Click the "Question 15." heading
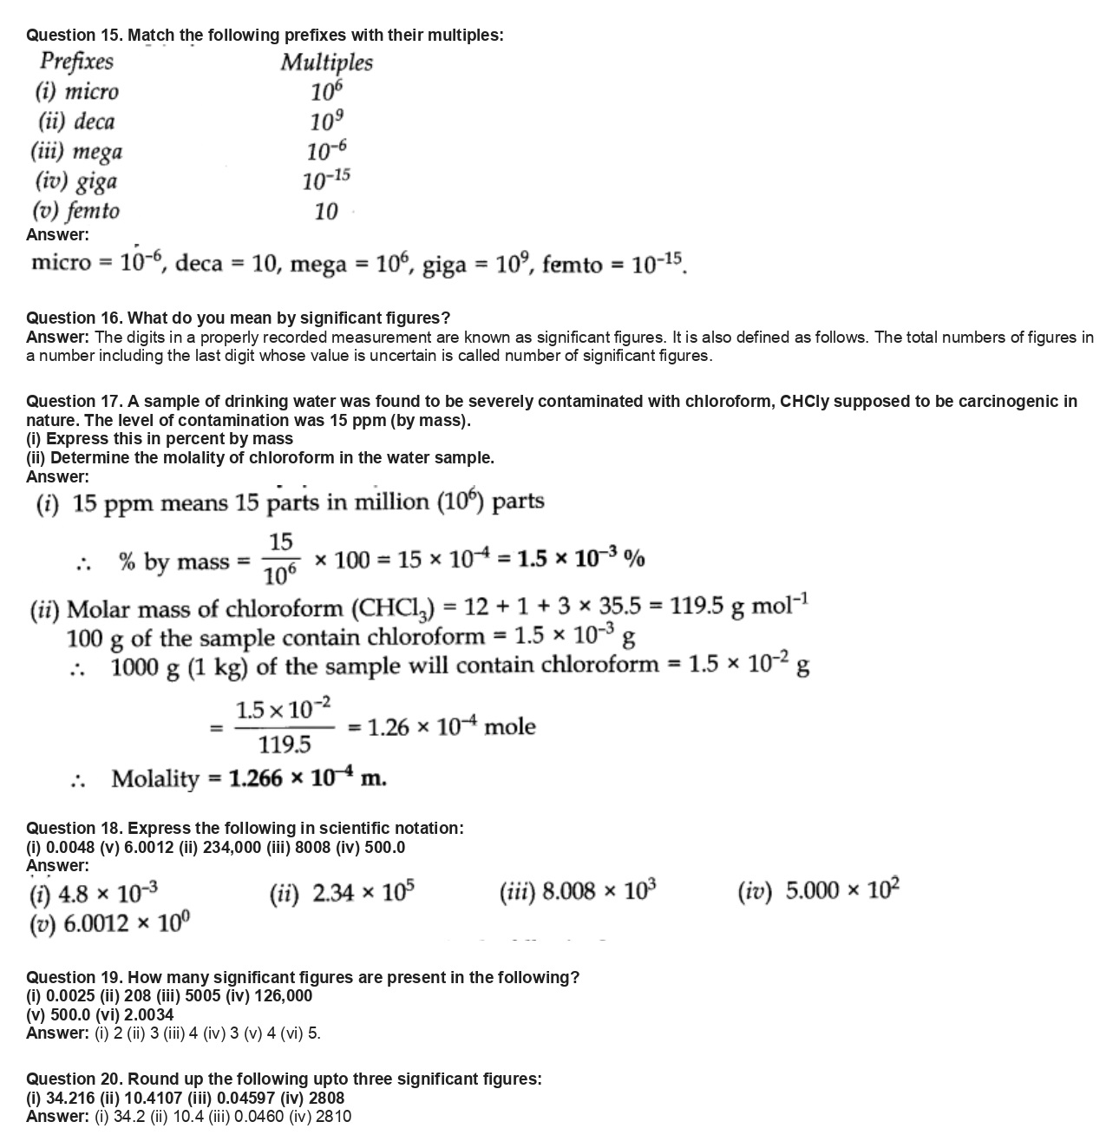[x=75, y=36]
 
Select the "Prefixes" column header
[x=76, y=62]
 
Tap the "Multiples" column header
[x=326, y=62]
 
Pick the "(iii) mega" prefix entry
[x=77, y=152]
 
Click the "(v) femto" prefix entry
[x=76, y=211]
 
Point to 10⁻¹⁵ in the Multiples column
[x=326, y=180]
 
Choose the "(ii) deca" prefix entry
[x=75, y=121]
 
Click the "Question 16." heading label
[x=75, y=318]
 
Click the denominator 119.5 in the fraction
[x=285, y=745]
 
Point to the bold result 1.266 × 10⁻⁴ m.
[x=307, y=777]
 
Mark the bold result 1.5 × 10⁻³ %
[x=580, y=559]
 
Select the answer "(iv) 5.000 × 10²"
[x=818, y=890]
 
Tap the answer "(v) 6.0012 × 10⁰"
[x=110, y=923]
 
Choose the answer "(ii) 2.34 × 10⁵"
[x=342, y=891]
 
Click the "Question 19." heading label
[x=75, y=977]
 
